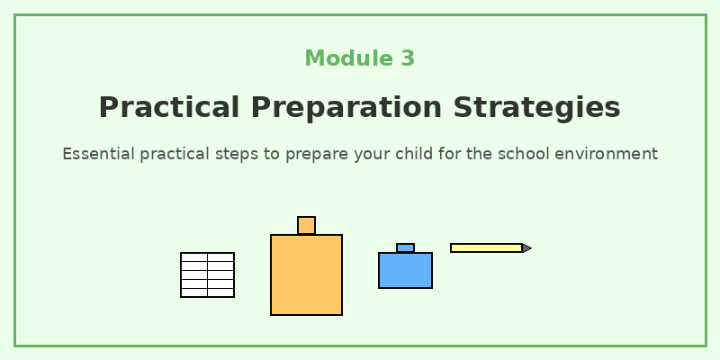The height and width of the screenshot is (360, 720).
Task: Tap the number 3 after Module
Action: point(408,58)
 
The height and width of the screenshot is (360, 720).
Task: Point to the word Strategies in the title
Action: point(536,107)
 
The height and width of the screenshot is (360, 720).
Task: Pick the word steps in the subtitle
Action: point(237,154)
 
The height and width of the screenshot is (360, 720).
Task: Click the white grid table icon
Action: point(207,274)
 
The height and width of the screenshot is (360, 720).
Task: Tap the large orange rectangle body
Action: point(306,274)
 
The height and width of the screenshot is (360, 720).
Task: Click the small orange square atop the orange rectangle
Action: point(306,225)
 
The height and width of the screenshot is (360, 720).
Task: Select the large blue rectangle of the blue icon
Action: point(405,270)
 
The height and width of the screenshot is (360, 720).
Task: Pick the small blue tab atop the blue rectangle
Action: point(405,247)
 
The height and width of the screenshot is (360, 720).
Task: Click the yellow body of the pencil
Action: point(486,247)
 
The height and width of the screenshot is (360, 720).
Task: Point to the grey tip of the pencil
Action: point(527,247)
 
